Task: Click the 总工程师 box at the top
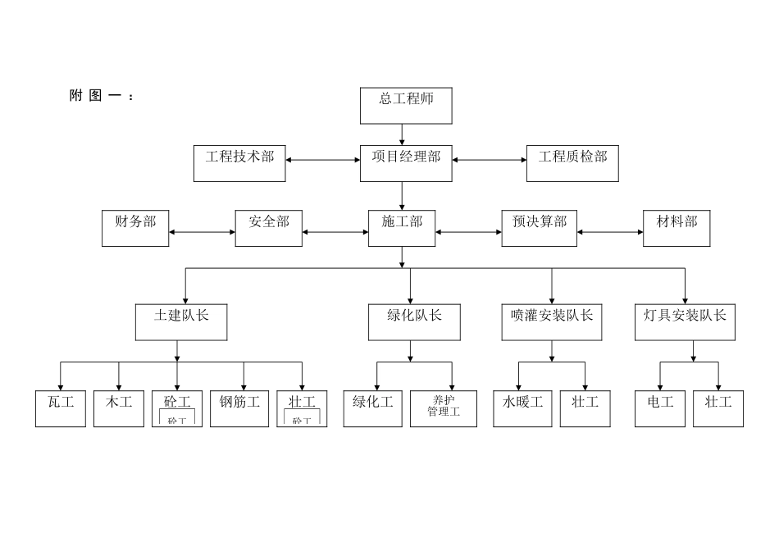(406, 106)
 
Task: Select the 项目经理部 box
(406, 163)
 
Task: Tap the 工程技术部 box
(239, 163)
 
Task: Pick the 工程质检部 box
(572, 163)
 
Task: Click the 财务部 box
(135, 228)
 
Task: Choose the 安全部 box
(268, 228)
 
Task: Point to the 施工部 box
(402, 228)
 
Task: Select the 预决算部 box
(539, 228)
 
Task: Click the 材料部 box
(676, 228)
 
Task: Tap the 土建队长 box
(180, 322)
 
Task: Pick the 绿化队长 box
(414, 322)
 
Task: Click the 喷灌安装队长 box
(551, 322)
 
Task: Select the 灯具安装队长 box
(685, 322)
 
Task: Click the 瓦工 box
(61, 408)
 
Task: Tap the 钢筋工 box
(239, 408)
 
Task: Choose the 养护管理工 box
(444, 408)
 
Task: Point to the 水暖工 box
(522, 408)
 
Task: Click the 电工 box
(660, 408)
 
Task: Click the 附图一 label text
(100, 96)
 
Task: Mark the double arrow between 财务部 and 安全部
(202, 232)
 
